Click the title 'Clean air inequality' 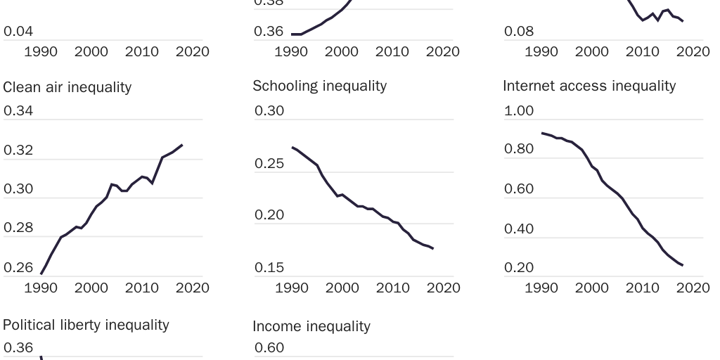tap(67, 87)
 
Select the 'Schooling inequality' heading tap(319, 86)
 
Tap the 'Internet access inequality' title tap(589, 86)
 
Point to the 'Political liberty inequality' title tap(86, 325)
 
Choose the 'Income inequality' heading tap(311, 326)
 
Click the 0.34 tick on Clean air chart tap(18, 111)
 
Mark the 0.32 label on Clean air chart tap(18, 150)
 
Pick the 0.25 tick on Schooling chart tap(269, 164)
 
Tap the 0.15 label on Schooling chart tap(269, 268)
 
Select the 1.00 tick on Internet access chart tap(519, 111)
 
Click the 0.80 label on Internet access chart tap(519, 149)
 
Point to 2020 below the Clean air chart tap(192, 288)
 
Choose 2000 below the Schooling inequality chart tap(342, 288)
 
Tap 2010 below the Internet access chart tap(642, 288)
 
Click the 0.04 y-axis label tap(18, 32)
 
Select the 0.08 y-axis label tap(519, 32)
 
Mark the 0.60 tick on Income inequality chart tap(269, 348)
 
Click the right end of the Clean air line tap(182, 145)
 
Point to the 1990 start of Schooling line tap(292, 147)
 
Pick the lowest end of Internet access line tap(683, 265)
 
